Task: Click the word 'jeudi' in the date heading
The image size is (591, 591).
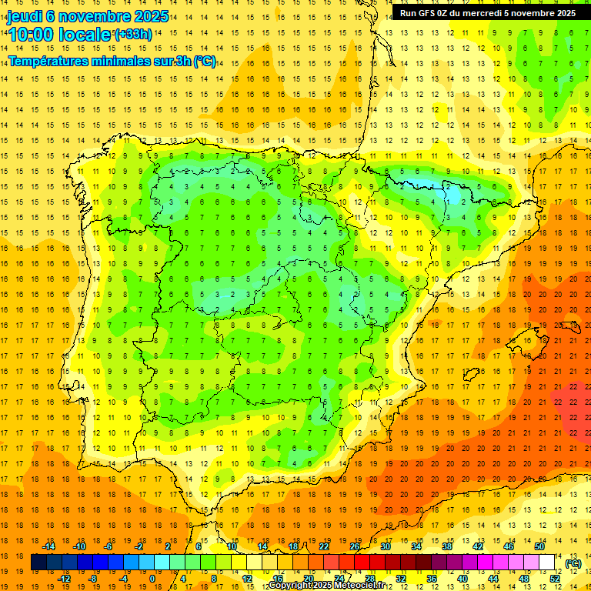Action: pyautogui.click(x=25, y=16)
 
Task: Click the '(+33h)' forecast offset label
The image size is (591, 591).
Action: pyautogui.click(x=132, y=35)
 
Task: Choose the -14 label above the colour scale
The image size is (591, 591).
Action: pyautogui.click(x=48, y=546)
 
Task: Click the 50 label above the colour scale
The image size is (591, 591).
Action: pyautogui.click(x=540, y=546)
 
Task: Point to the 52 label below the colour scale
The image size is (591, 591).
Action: pyautogui.click(x=555, y=579)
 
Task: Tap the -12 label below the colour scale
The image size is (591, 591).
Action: pyautogui.click(x=64, y=579)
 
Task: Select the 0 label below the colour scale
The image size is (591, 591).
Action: pyautogui.click(x=152, y=579)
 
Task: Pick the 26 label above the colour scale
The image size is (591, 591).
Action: pyautogui.click(x=355, y=546)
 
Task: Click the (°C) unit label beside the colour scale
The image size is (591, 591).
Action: pyautogui.click(x=573, y=563)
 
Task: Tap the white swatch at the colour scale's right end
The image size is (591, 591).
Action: pyautogui.click(x=547, y=563)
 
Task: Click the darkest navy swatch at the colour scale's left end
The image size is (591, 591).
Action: pyautogui.click(x=38, y=563)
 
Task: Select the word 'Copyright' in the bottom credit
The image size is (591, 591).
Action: pyautogui.click(x=290, y=586)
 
